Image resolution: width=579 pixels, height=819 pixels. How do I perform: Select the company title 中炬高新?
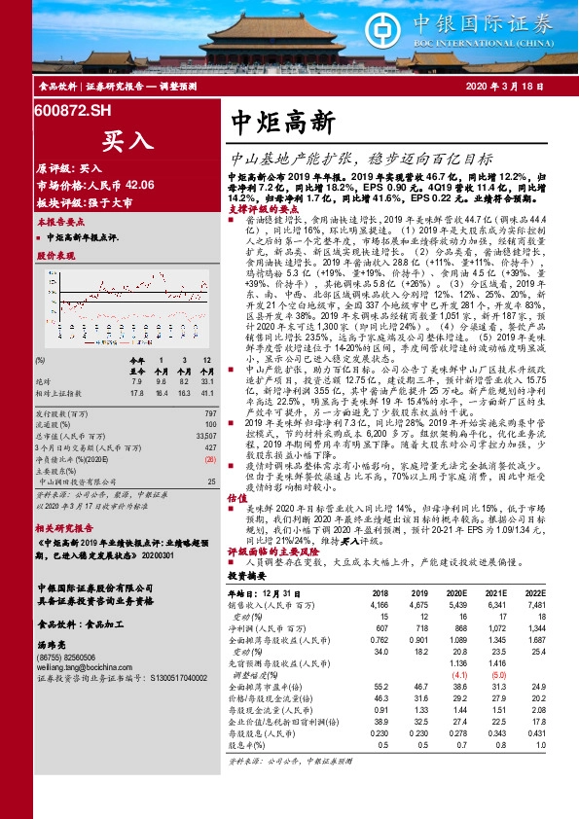[284, 122]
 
